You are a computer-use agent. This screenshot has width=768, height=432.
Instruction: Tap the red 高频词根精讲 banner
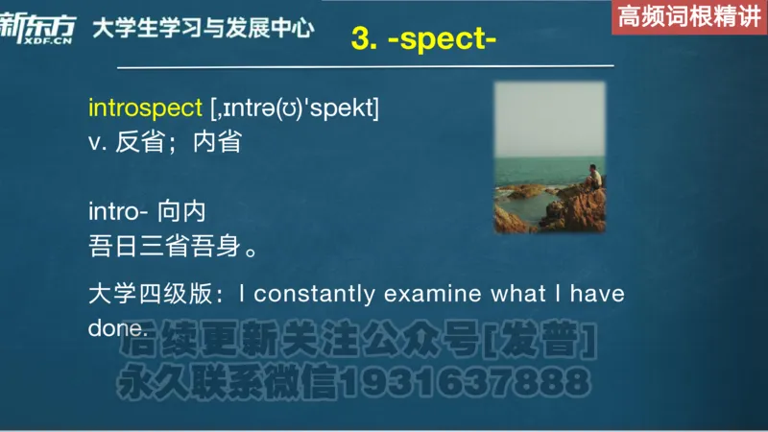(688, 16)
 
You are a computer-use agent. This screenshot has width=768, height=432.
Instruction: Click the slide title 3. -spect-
(423, 39)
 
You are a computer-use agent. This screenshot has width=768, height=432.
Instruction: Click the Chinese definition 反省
(133, 142)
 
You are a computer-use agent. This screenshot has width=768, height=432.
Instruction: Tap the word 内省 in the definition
(217, 142)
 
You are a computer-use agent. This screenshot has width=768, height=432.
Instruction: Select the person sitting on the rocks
(594, 179)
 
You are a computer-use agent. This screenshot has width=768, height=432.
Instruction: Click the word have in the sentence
(597, 293)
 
